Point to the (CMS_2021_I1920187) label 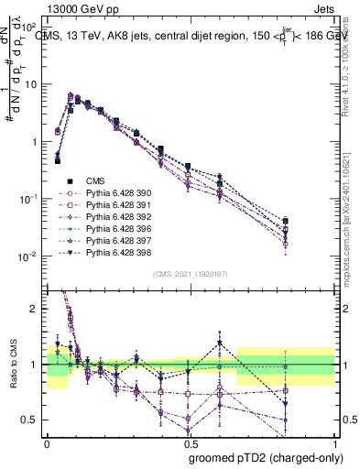(x=191, y=274)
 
